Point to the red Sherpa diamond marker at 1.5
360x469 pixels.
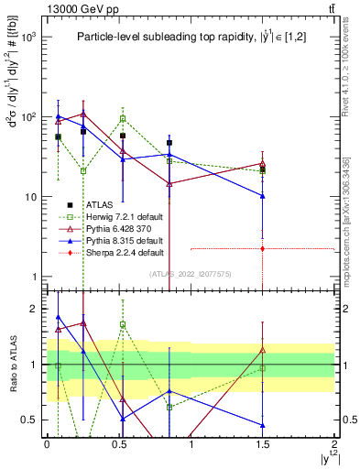pyautogui.click(x=263, y=248)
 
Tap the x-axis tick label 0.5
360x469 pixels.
pyautogui.click(x=119, y=443)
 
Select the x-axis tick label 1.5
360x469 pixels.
pyautogui.click(x=263, y=443)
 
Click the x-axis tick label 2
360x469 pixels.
pyautogui.click(x=334, y=443)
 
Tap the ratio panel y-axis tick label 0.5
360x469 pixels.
pyautogui.click(x=29, y=420)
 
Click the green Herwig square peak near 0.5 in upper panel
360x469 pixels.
pyautogui.click(x=123, y=118)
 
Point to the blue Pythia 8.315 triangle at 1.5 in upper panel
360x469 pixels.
pyautogui.click(x=263, y=196)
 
